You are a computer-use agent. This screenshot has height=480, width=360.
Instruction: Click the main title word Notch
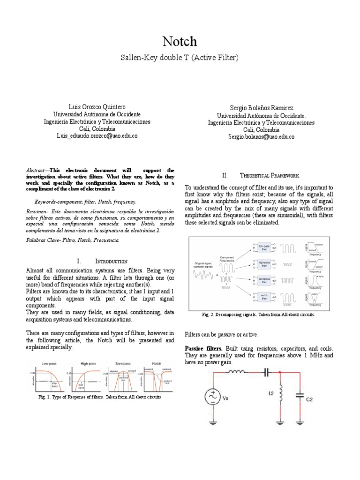(x=180, y=42)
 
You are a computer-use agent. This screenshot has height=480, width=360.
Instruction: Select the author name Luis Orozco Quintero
(x=97, y=107)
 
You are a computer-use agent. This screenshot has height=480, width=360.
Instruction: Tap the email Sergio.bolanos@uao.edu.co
(x=261, y=137)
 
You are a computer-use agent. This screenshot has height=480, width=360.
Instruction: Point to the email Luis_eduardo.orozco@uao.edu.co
(x=97, y=135)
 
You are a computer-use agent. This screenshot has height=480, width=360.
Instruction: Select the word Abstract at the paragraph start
(x=37, y=170)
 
